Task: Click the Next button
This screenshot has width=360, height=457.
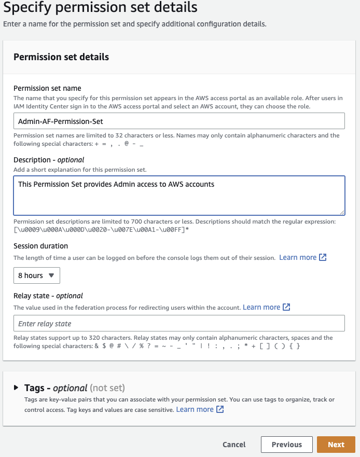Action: [x=336, y=445]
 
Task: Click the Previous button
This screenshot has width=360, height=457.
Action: [x=286, y=445]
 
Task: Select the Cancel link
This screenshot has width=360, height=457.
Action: [x=234, y=445]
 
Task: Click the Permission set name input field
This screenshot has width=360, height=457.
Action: [x=179, y=121]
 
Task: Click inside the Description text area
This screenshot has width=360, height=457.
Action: [x=179, y=196]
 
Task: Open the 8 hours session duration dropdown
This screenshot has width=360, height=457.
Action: [x=37, y=275]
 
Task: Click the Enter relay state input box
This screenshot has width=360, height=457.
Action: [x=179, y=323]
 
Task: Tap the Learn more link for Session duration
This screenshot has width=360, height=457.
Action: [x=298, y=257]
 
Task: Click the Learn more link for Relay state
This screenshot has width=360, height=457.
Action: [x=261, y=307]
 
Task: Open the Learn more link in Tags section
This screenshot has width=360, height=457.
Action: [x=195, y=409]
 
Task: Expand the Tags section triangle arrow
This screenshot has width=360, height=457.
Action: [x=16, y=387]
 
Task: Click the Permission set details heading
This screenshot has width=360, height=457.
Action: [x=61, y=57]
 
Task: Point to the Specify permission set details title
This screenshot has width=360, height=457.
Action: [x=100, y=8]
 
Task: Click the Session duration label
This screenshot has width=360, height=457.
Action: [x=40, y=246]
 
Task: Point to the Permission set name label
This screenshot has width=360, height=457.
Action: [x=47, y=88]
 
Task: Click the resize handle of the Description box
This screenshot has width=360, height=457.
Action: [x=342, y=212]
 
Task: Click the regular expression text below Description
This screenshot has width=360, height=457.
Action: [x=101, y=229]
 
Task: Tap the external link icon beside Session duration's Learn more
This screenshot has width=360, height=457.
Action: [x=323, y=257]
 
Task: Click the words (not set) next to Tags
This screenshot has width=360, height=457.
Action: [x=107, y=388]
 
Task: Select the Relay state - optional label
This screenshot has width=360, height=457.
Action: [x=48, y=296]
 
